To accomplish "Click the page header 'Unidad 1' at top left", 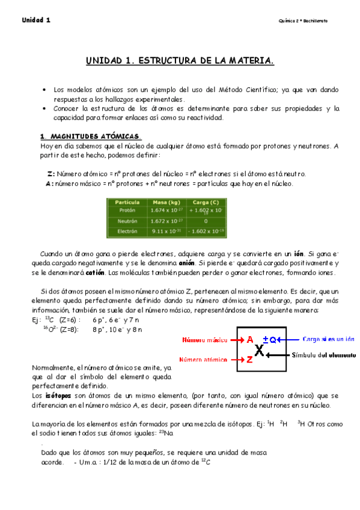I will pos(36,20).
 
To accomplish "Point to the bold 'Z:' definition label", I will pos(51,173).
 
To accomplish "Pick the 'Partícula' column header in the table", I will pos(127,202).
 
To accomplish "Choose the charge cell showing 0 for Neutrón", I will pos(205,221).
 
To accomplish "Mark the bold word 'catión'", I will pos(95,272).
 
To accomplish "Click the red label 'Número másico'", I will pos(206,340).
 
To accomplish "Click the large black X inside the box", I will pos(259,350).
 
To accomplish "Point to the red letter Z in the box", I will pos(249,360).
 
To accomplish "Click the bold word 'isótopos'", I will pos(58,396).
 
